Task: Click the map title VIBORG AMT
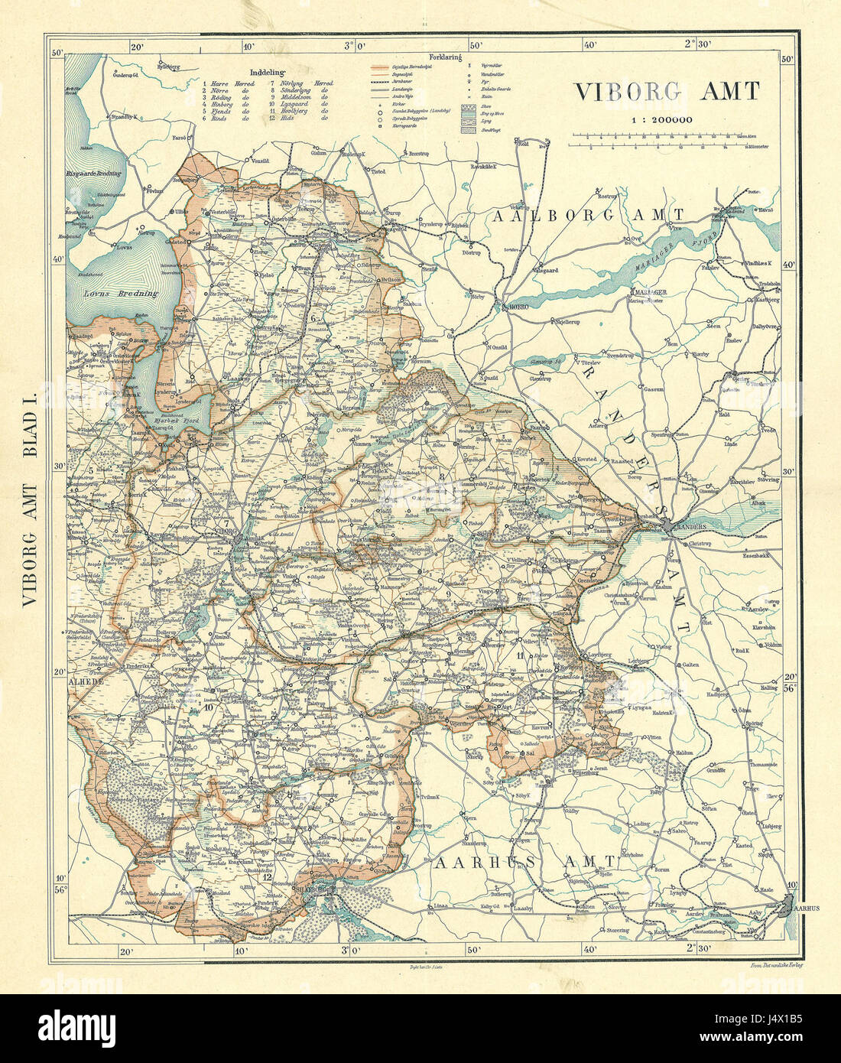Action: click(x=666, y=92)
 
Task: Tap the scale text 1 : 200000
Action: click(x=661, y=119)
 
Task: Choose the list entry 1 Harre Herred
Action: click(x=227, y=81)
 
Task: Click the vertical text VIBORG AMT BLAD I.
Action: click(x=31, y=497)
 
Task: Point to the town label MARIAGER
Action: click(x=650, y=292)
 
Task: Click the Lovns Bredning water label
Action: click(x=122, y=293)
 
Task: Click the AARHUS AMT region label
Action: click(x=526, y=863)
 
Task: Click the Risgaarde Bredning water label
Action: click(x=95, y=174)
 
